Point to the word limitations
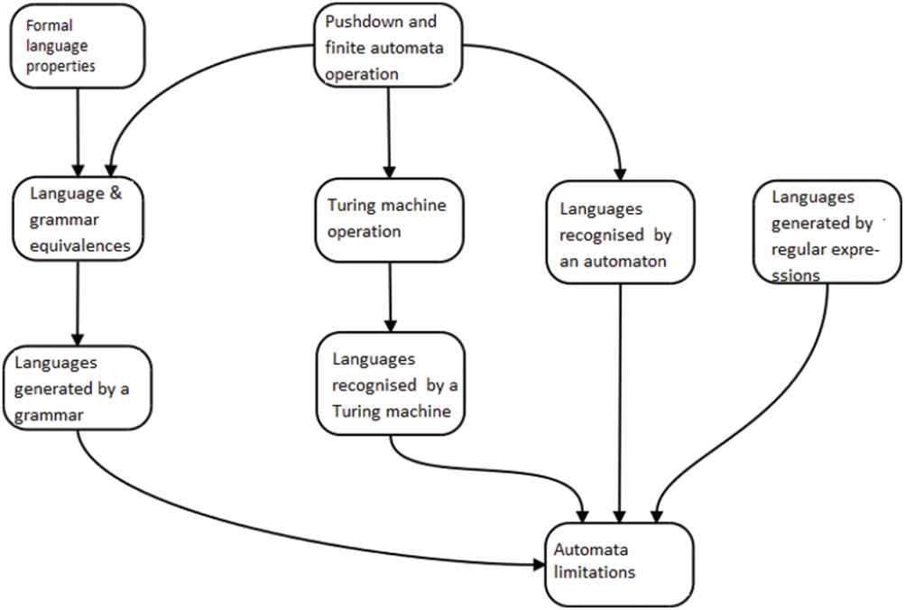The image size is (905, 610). [595, 571]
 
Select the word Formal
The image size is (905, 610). [41, 26]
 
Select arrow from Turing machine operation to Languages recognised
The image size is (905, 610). [390, 298]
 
